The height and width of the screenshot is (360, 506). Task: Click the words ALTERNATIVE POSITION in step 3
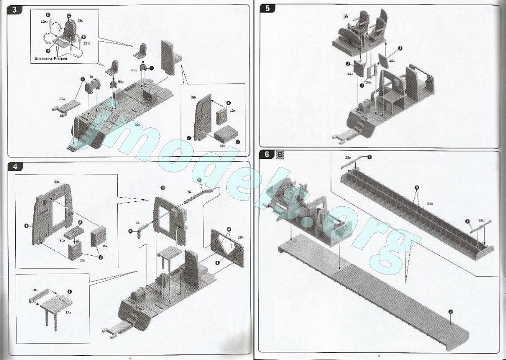coord(51,59)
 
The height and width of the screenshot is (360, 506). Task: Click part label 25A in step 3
coord(62,99)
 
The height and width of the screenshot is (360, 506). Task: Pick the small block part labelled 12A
coord(222,117)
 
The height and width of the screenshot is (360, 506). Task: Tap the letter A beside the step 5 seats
coord(346,17)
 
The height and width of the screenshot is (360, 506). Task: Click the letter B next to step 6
coord(280,154)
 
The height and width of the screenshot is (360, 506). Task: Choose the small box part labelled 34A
coord(98,235)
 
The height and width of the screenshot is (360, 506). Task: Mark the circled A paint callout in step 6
coord(416,188)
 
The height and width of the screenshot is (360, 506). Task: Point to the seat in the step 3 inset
coord(69,33)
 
